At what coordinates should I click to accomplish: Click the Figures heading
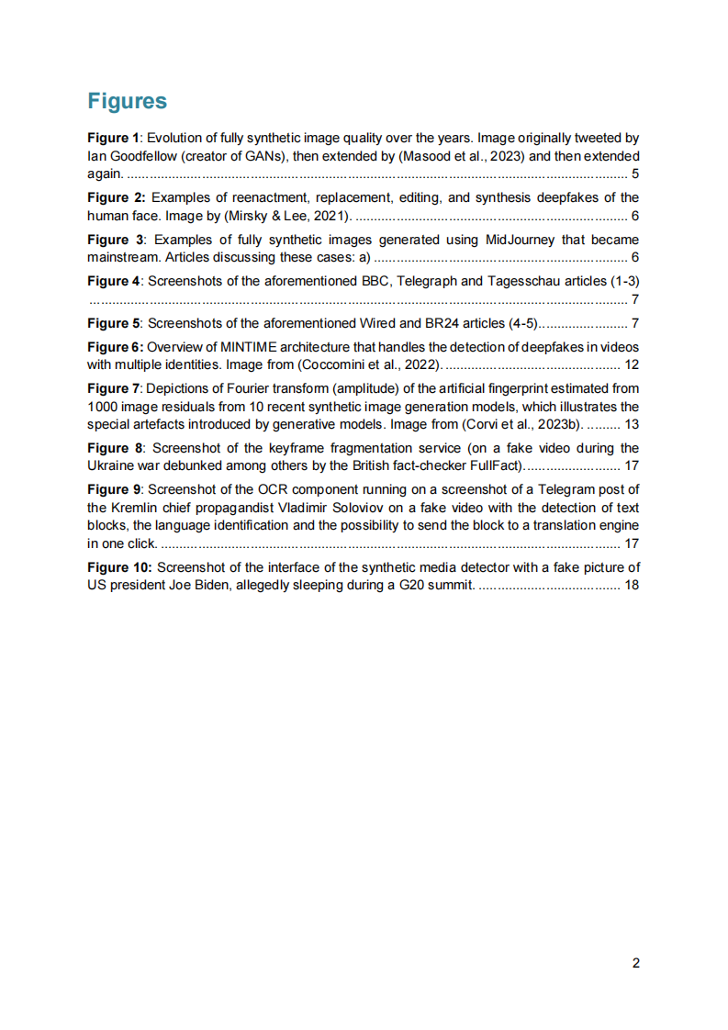[x=127, y=101]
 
